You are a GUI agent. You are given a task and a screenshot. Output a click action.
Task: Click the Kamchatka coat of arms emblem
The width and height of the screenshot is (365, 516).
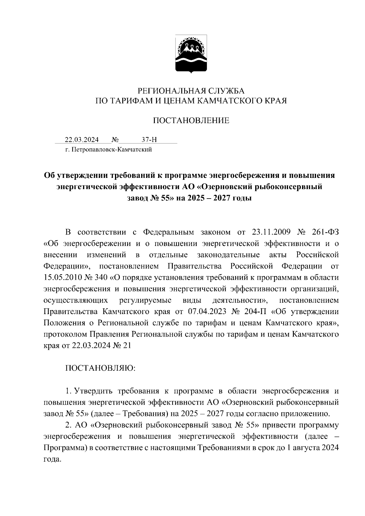(x=191, y=54)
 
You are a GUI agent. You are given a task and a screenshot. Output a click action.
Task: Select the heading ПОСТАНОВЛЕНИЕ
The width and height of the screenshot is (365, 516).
(x=191, y=121)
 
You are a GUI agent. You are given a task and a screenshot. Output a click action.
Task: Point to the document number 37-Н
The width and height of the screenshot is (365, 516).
(x=149, y=140)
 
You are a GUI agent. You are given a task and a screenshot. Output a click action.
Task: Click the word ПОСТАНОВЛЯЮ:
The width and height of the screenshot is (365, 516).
(x=100, y=368)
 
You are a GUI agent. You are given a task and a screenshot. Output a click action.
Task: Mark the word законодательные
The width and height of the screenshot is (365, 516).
(x=228, y=255)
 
